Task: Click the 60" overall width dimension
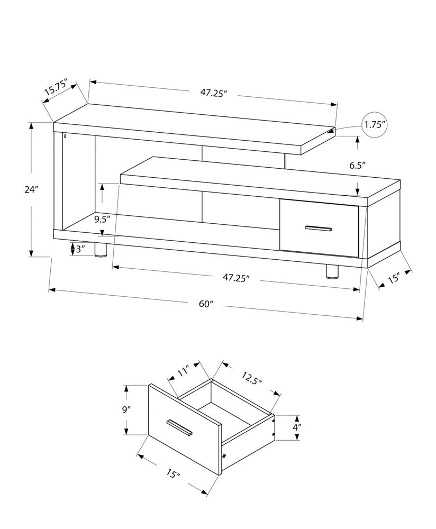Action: pos(206,304)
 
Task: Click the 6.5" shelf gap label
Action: pos(358,165)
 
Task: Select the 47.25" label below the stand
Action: pos(235,277)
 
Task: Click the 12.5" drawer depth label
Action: pos(252,378)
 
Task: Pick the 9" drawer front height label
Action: pos(126,409)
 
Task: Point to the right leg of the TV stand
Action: pos(332,270)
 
